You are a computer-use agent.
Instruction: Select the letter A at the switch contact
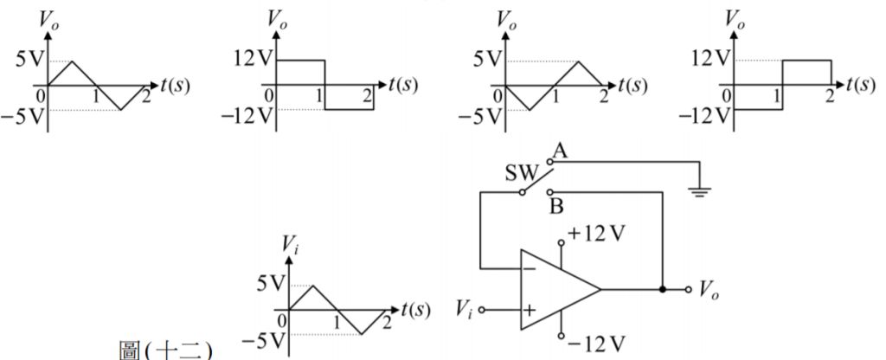(559, 152)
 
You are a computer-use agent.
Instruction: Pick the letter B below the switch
(555, 205)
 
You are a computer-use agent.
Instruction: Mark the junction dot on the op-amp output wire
(663, 289)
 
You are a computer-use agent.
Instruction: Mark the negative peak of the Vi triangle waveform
(362, 334)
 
